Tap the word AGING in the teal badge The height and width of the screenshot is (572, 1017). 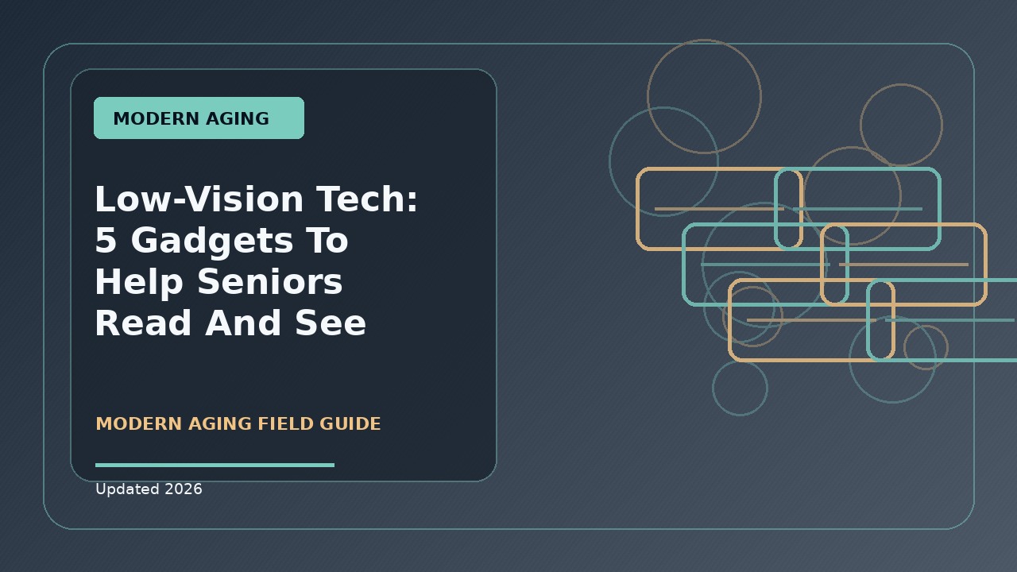pos(238,118)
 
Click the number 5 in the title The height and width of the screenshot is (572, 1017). pos(106,240)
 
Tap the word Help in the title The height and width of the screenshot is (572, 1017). pos(139,282)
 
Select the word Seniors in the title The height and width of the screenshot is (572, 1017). pos(270,281)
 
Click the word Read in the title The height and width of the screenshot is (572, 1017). pos(143,323)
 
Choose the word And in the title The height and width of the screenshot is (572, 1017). pos(243,323)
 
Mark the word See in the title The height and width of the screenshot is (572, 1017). pos(331,323)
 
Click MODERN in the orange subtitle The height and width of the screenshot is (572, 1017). pos(139,423)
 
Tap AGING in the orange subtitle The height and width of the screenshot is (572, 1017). pos(220,423)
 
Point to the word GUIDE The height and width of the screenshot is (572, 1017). pos(350,423)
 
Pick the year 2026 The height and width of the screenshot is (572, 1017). pos(184,489)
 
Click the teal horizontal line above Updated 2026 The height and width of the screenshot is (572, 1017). pos(215,465)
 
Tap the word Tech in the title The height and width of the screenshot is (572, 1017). pos(362,199)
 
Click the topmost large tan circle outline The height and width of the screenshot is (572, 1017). pos(704,40)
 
